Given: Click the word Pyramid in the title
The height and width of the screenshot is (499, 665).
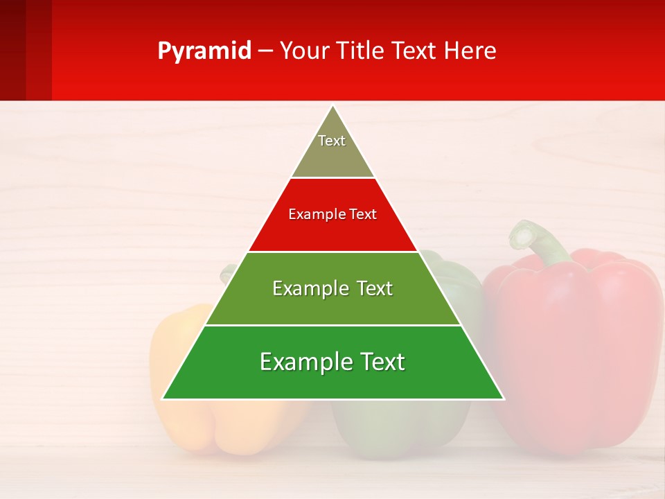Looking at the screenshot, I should (204, 51).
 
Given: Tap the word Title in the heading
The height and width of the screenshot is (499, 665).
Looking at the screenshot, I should (360, 51).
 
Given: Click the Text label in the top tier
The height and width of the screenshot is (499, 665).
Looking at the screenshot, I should (332, 141).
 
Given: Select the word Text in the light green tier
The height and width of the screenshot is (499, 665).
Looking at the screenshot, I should (374, 289).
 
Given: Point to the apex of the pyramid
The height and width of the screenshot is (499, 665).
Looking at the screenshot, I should (333, 107).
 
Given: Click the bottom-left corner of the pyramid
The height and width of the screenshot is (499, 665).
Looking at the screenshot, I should (163, 399).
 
